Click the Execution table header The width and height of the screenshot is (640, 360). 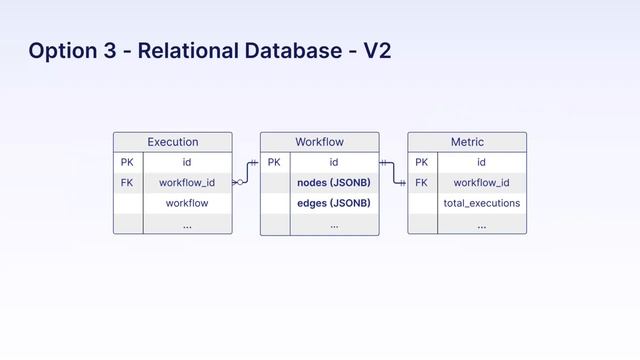tap(173, 142)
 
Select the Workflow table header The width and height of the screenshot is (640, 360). tap(320, 142)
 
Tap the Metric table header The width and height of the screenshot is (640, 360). tap(467, 142)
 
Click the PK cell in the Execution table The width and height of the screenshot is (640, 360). tap(127, 162)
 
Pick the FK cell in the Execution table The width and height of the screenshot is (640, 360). tap(127, 183)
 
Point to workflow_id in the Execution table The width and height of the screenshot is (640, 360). tap(187, 183)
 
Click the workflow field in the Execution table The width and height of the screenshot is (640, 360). tap(187, 203)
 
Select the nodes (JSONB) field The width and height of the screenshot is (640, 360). tap(334, 183)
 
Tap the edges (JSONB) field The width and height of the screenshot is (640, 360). tap(334, 203)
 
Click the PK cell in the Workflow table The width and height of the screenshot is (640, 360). tap(274, 162)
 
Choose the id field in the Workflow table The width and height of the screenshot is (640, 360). tap(334, 162)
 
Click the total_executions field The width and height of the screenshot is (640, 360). tap(482, 203)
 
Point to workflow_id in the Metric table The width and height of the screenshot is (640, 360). tap(482, 183)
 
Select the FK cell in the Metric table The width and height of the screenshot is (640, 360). tap(421, 183)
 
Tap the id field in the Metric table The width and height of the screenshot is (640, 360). tap(482, 162)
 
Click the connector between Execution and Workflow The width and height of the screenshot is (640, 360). tap(247, 172)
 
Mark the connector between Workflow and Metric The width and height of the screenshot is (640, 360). tap(393, 173)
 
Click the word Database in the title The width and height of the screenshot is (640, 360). tap(293, 51)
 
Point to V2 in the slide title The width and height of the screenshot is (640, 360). tap(377, 51)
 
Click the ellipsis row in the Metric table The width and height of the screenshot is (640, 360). tap(482, 225)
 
